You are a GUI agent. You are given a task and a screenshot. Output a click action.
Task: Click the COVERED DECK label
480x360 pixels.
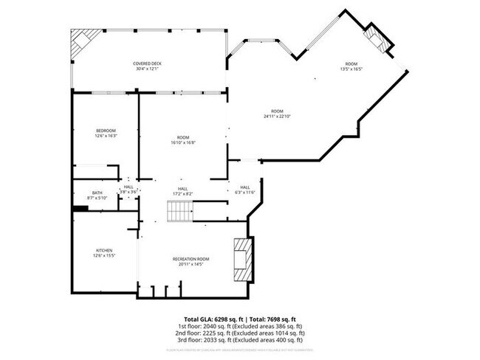pos(148,63)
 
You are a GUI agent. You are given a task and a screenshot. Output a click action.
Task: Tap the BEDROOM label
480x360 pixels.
pos(106,132)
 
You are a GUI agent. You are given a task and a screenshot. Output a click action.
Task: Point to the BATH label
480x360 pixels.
pos(97,194)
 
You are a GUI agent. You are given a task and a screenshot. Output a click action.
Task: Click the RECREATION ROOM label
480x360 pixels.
pos(191,259)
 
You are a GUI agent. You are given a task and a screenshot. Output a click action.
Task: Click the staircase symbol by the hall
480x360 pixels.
pos(179,212)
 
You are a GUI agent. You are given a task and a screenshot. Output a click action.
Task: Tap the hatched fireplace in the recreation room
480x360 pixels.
pos(241,260)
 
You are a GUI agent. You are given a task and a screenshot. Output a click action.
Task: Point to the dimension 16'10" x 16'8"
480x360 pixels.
pos(183,142)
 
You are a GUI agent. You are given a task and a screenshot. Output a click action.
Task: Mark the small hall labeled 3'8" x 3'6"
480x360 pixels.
pos(128,190)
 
